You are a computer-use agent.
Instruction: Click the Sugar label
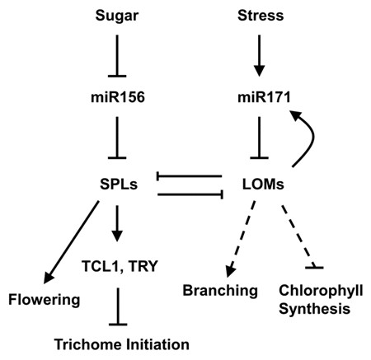117,16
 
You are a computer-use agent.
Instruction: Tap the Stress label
261,16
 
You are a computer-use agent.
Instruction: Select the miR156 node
118,97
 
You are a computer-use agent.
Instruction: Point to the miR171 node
264,97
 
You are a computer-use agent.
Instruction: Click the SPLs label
119,184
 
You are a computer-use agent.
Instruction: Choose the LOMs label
263,184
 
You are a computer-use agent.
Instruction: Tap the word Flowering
45,300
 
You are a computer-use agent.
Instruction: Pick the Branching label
220,291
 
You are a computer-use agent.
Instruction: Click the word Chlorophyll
321,291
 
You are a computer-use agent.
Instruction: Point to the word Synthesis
314,309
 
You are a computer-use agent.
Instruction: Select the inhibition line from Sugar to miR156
117,55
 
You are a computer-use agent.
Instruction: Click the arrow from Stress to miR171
259,55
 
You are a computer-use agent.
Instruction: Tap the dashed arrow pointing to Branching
241,238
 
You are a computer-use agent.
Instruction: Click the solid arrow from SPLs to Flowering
71,242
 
